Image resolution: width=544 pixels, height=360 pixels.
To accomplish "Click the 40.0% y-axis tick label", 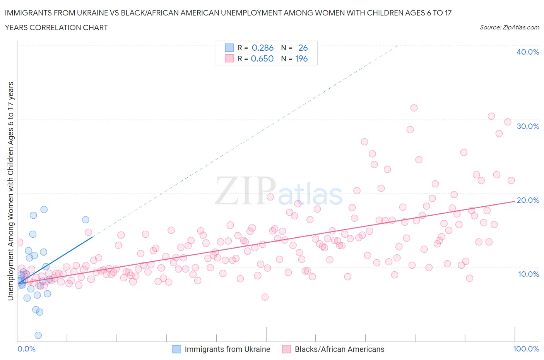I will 527,52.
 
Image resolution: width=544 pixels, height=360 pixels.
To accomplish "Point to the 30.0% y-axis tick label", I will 528,126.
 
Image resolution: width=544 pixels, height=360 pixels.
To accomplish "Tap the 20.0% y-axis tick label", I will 528,200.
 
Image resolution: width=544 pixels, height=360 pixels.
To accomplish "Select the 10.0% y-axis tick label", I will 528,274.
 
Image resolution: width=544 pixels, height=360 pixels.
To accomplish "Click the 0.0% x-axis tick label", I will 26,349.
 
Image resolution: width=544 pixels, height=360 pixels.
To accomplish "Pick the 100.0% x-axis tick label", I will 526,349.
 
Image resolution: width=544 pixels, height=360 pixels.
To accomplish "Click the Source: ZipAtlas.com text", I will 509,27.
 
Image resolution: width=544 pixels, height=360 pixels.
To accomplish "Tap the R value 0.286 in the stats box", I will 262,48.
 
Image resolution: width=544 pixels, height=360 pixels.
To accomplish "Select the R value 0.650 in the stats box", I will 262,58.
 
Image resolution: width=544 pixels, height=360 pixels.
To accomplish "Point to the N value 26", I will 303,48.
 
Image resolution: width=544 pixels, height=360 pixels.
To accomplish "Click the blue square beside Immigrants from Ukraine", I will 176,349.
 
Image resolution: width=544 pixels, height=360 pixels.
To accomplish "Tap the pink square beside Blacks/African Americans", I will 286,349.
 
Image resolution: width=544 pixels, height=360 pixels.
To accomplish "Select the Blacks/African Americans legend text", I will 339,349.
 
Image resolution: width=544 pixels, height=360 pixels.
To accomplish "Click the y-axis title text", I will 10,191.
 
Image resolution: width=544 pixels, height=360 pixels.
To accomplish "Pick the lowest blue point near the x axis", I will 38,335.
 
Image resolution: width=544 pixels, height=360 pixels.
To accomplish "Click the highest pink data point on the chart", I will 414,108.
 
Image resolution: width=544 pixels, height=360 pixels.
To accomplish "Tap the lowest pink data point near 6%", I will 265,297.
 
